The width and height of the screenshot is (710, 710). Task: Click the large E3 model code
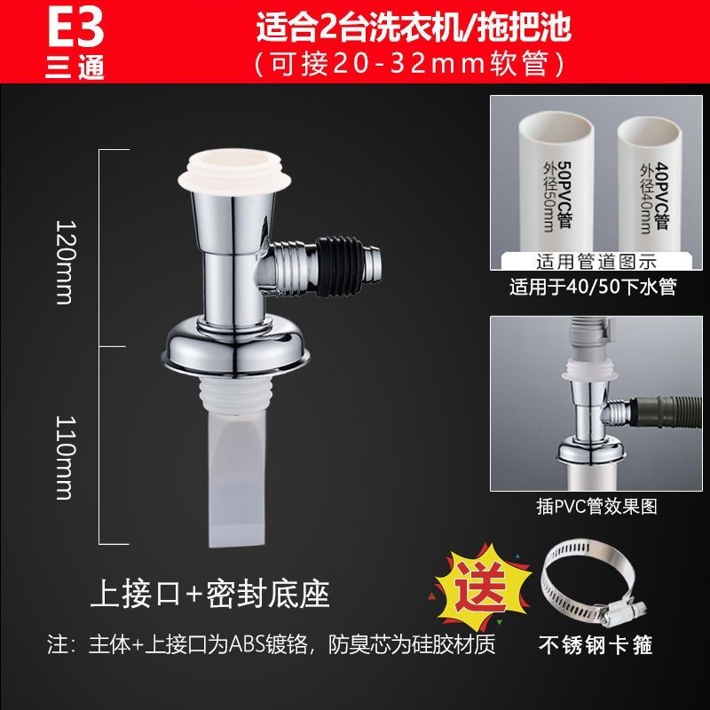(x=75, y=28)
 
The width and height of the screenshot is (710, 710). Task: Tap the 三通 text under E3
(x=75, y=68)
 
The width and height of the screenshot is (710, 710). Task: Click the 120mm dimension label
(x=64, y=262)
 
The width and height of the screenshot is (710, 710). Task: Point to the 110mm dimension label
(x=64, y=457)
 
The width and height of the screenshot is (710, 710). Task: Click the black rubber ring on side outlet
(x=339, y=266)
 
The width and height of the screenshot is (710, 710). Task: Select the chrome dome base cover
(x=235, y=346)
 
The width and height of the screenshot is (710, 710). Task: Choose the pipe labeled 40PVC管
(x=650, y=185)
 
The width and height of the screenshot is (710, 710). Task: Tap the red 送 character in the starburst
(x=480, y=588)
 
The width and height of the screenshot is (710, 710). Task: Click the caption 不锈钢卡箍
(x=596, y=645)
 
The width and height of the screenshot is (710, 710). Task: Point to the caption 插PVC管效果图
(x=596, y=506)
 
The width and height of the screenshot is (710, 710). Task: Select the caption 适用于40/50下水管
(x=593, y=287)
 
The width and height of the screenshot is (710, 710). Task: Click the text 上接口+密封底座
(x=209, y=594)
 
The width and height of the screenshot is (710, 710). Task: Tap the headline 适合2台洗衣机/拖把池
(x=414, y=28)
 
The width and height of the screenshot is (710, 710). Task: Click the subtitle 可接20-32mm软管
(x=410, y=64)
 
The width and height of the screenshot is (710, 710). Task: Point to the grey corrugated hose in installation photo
(x=666, y=411)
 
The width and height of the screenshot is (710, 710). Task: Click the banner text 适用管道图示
(x=596, y=262)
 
